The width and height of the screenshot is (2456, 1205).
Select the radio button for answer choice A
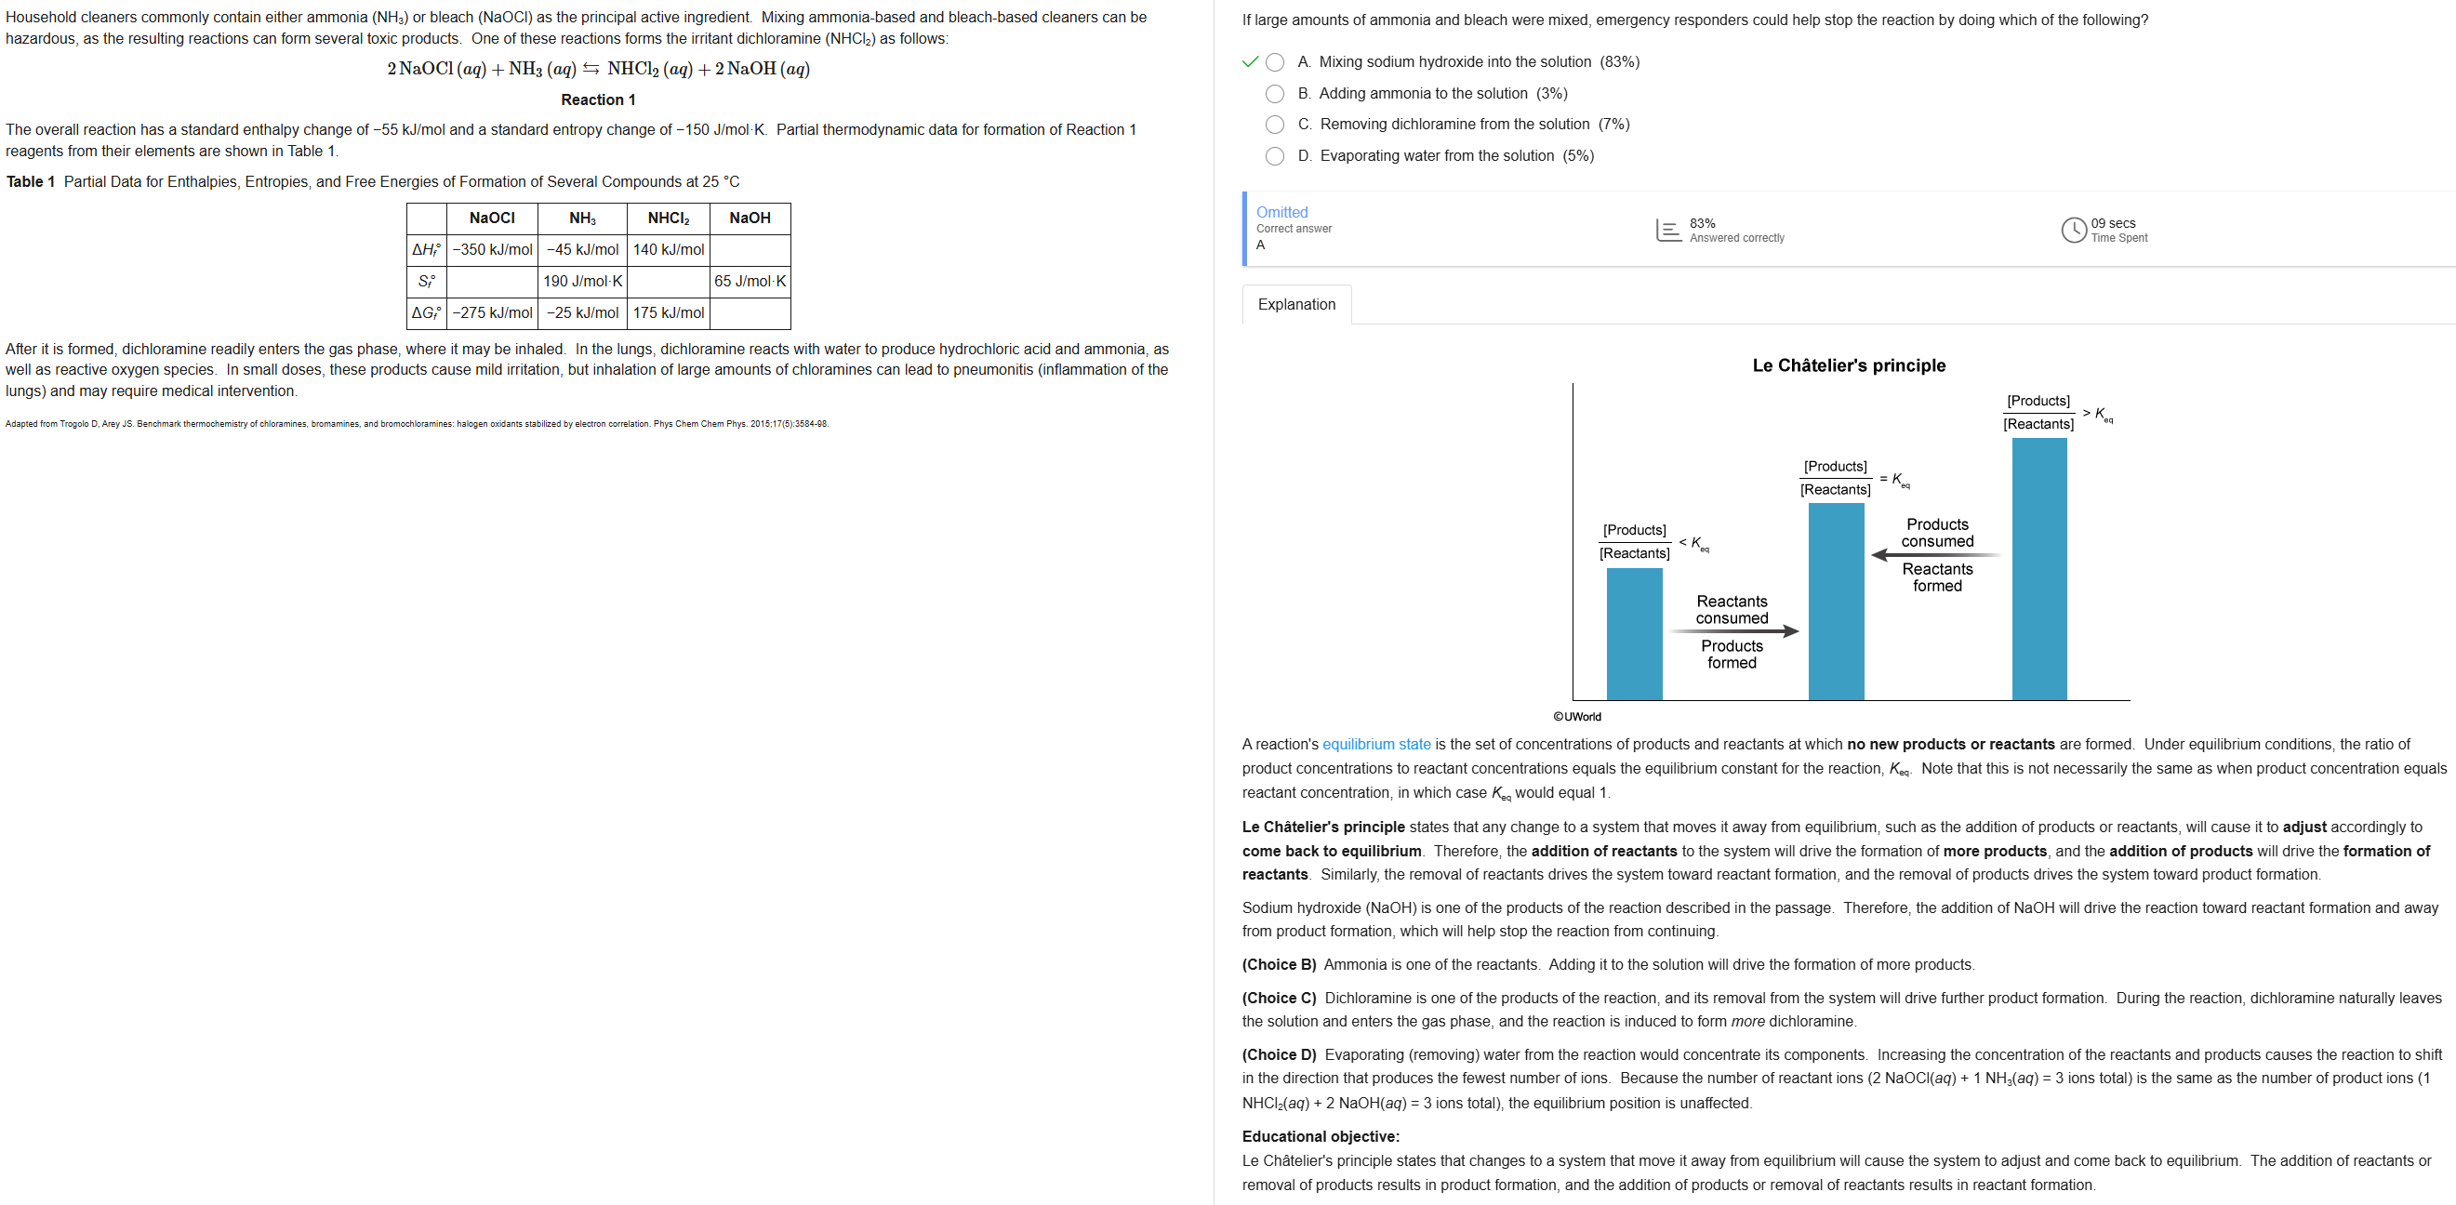coord(1275,62)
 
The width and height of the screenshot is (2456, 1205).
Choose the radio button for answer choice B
coord(1275,93)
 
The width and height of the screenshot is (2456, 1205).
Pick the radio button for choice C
coord(1275,124)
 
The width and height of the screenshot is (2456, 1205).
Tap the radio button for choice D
coord(1275,155)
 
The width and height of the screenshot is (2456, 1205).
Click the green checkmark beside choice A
coord(1250,62)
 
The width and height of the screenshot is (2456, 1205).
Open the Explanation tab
coord(1295,304)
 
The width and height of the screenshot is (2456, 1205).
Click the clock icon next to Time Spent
coord(2074,230)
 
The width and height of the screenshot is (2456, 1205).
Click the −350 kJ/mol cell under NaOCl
coord(492,250)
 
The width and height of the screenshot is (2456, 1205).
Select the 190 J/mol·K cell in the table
coord(581,281)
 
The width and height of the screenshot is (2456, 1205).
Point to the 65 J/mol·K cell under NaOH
coord(750,281)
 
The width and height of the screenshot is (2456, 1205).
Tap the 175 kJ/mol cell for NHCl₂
coord(669,312)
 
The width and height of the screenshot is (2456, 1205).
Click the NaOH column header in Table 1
coord(750,218)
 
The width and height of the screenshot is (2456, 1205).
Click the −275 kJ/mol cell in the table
coord(492,312)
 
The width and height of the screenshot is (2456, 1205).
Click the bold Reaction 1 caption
coord(598,100)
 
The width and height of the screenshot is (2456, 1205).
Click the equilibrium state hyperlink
coord(1375,745)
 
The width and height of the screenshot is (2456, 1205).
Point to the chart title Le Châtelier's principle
coord(1848,365)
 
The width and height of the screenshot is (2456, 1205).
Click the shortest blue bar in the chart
coord(1634,633)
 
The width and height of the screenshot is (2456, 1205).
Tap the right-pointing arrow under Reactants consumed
coord(1733,631)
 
